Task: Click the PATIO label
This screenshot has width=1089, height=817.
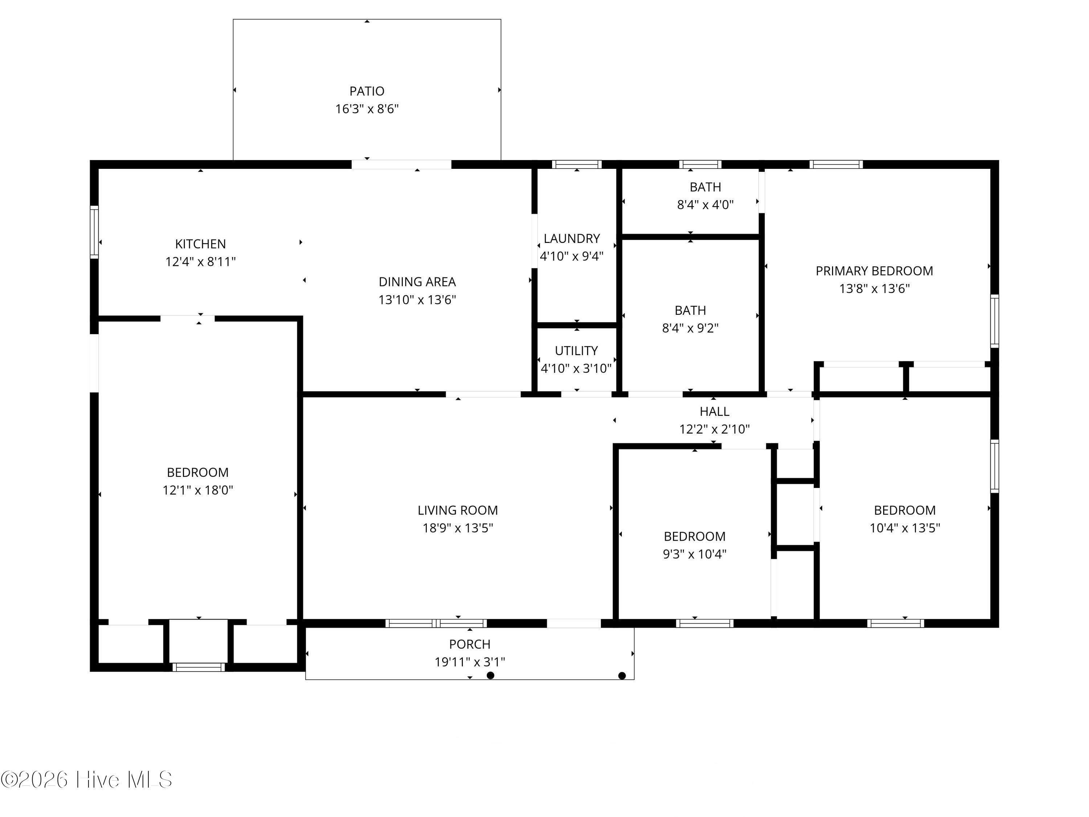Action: pos(367,91)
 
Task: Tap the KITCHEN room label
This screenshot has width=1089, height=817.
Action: pos(200,244)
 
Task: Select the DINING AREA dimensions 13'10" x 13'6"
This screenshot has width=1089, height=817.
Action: pos(417,300)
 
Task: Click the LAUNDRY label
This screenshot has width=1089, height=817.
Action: pos(572,238)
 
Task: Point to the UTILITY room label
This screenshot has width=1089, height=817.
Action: pos(576,351)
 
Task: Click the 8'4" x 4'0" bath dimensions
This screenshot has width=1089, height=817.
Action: pos(705,204)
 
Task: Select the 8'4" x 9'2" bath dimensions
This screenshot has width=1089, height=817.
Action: pos(690,328)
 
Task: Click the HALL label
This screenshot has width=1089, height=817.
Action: pos(714,411)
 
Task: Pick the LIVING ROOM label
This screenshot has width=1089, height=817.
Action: pos(457,510)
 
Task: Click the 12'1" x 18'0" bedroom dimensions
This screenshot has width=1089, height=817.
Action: pos(197,490)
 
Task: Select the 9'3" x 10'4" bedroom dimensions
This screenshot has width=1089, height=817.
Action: pos(694,554)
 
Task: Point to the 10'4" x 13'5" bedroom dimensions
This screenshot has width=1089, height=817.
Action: pos(904,528)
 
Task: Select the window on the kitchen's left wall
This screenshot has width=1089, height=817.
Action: pos(94,232)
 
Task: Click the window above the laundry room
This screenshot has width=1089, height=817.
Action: pos(576,164)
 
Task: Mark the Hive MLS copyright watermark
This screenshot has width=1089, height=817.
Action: pos(87,780)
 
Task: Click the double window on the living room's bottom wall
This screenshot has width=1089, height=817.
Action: pos(436,623)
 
